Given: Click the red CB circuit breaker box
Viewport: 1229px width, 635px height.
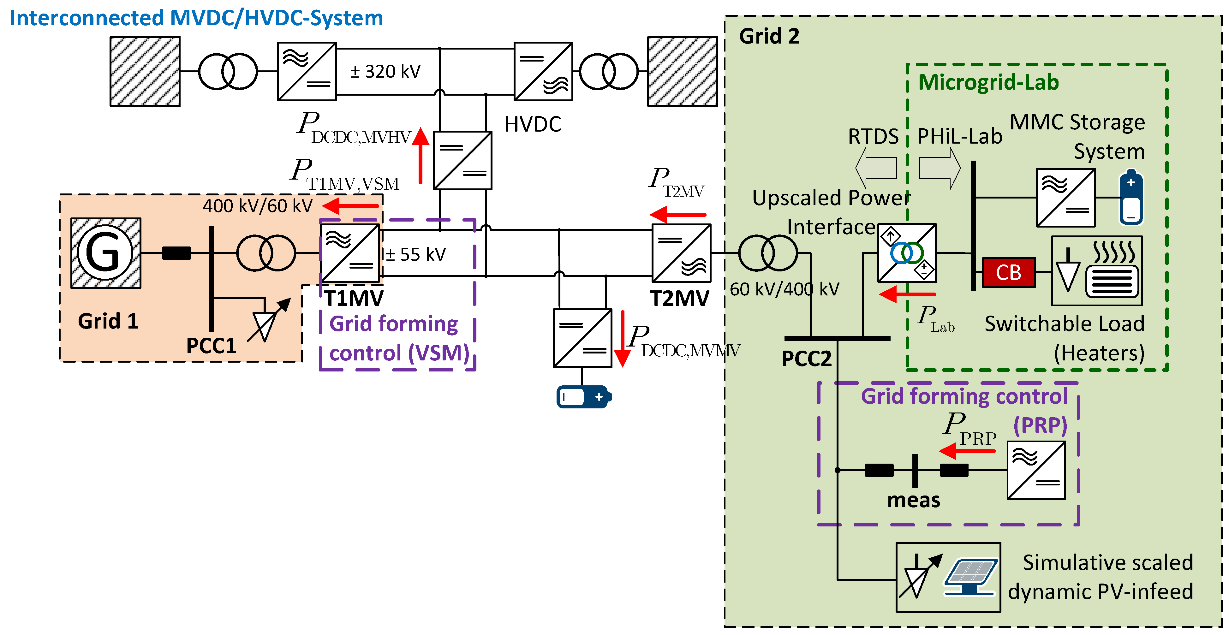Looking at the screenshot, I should [1009, 272].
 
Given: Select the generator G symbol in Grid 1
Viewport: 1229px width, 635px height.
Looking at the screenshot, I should [105, 253].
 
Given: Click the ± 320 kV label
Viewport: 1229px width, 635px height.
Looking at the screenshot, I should [385, 72].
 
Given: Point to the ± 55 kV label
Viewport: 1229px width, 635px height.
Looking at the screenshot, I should [415, 255].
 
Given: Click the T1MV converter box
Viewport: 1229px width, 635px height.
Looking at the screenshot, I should [350, 253].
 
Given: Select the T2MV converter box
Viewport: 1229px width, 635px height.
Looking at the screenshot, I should [681, 253].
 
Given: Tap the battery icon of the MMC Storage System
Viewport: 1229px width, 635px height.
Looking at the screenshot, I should [1131, 197].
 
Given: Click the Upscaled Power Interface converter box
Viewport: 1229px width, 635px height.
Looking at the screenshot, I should [907, 253].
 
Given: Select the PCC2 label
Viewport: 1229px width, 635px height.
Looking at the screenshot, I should [806, 358].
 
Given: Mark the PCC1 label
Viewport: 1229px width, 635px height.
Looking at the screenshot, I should [211, 345].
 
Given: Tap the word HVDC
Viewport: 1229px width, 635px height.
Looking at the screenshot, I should [533, 125].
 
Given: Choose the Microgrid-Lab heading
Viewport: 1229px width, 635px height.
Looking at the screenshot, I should [988, 83].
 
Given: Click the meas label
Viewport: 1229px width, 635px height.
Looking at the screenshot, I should [913, 500].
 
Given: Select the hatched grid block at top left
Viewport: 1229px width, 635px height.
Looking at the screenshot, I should [145, 72].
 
